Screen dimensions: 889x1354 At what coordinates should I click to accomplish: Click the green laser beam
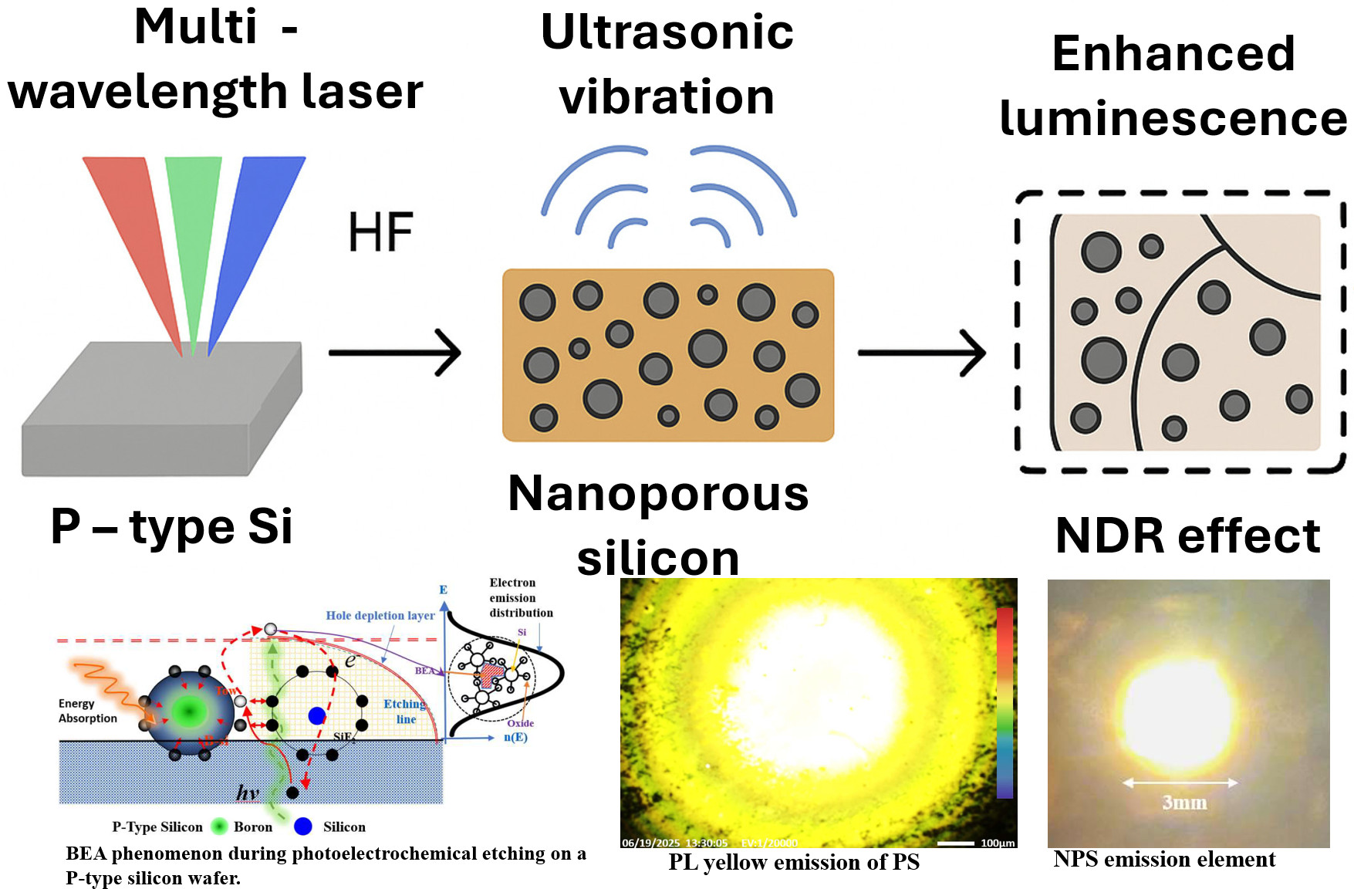tap(193, 232)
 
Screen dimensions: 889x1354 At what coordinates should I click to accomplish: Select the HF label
tap(380, 232)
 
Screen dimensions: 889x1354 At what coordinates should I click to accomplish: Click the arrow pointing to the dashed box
tap(922, 353)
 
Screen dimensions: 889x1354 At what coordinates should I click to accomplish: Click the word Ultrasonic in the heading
tap(667, 32)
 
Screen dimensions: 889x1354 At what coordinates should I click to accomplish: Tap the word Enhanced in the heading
tap(1173, 53)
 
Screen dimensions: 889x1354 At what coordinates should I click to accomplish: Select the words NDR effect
tap(1187, 536)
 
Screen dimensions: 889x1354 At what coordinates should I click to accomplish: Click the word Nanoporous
tap(658, 493)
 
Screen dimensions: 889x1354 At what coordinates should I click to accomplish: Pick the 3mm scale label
tap(1184, 803)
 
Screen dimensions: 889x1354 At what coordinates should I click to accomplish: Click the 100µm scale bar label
tap(998, 843)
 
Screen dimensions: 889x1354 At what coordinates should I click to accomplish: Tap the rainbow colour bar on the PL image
tap(1005, 702)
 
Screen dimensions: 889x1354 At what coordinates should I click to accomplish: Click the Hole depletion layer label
tap(380, 615)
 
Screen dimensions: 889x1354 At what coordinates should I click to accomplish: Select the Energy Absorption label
tap(87, 711)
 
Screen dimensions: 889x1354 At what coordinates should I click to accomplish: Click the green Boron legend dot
tap(220, 826)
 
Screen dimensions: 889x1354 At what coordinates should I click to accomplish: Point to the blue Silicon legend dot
tap(303, 826)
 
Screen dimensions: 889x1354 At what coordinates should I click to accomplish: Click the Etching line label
tap(404, 711)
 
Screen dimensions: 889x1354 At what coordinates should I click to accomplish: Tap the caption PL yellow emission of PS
tap(794, 862)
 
